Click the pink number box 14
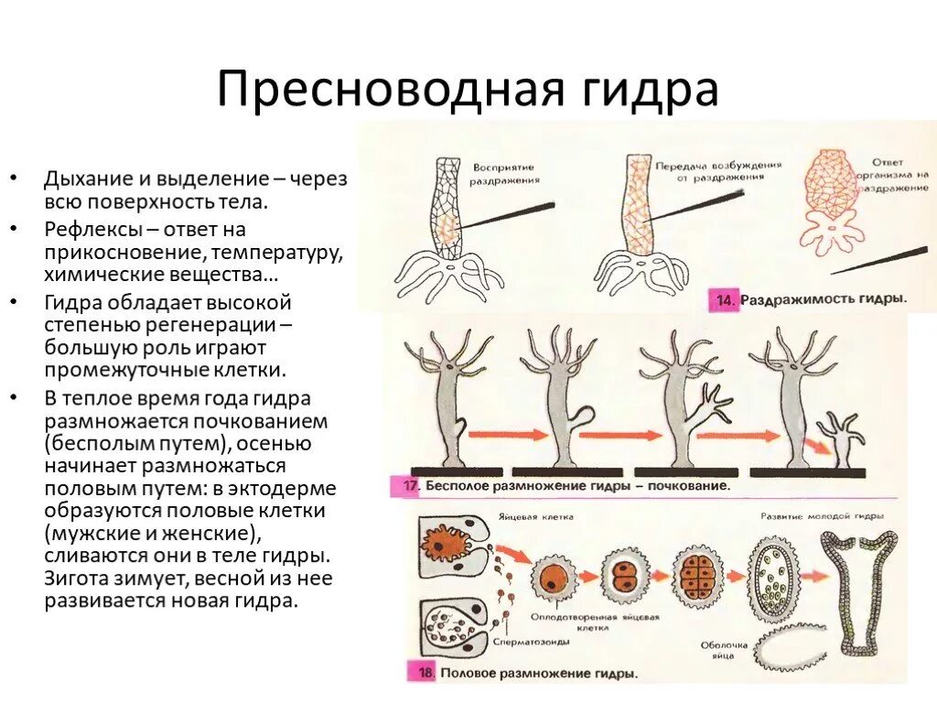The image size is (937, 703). [725, 299]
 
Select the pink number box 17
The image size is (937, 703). [405, 486]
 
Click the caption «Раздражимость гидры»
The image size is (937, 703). [823, 299]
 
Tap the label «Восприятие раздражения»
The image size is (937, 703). [502, 175]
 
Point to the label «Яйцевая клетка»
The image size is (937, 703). [548, 517]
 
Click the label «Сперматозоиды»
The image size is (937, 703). [527, 642]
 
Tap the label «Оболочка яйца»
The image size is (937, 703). [725, 651]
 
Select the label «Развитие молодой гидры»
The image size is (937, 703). [807, 516]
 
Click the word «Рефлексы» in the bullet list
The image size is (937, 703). [87, 229]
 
